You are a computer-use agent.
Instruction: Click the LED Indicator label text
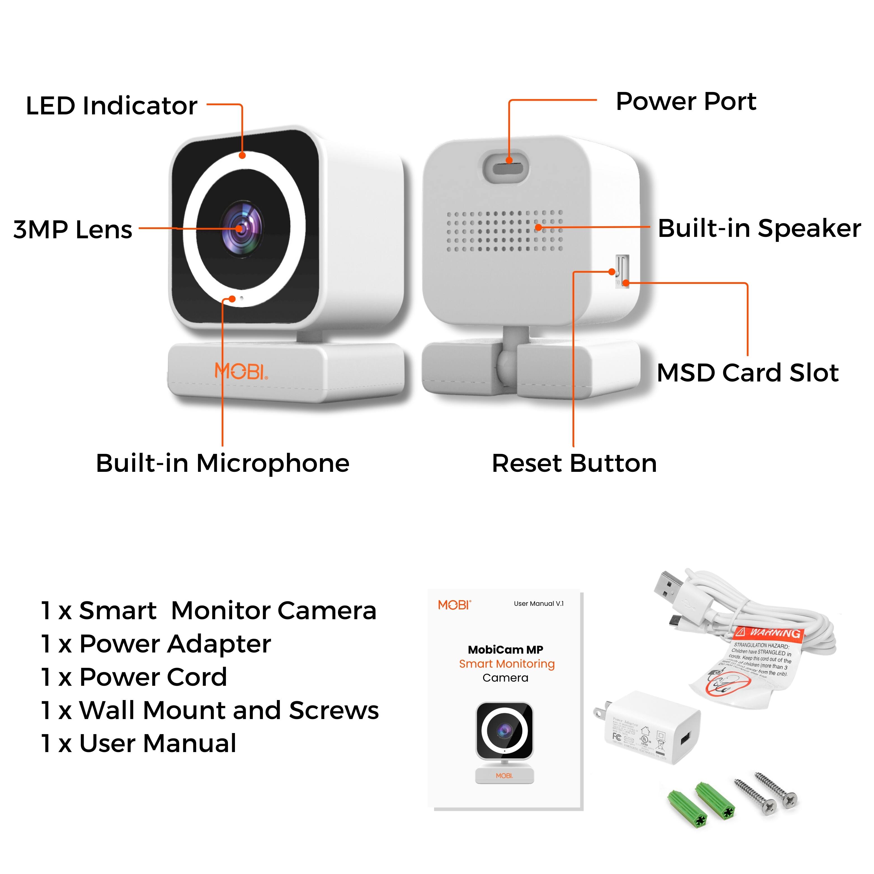coord(111,106)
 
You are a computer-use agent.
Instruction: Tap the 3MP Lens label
coord(73,229)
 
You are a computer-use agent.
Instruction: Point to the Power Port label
coord(686,101)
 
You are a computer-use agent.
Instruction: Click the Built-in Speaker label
coord(759,228)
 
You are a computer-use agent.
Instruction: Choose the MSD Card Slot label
coord(747,373)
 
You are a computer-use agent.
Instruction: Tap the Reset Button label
coord(574,463)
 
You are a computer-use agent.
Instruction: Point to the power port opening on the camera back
coord(508,169)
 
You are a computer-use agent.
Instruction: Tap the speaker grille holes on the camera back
coord(505,231)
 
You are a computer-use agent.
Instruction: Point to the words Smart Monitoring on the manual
coord(507,664)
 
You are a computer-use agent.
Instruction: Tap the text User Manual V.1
coord(538,604)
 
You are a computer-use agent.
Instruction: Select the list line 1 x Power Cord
coord(134,677)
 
